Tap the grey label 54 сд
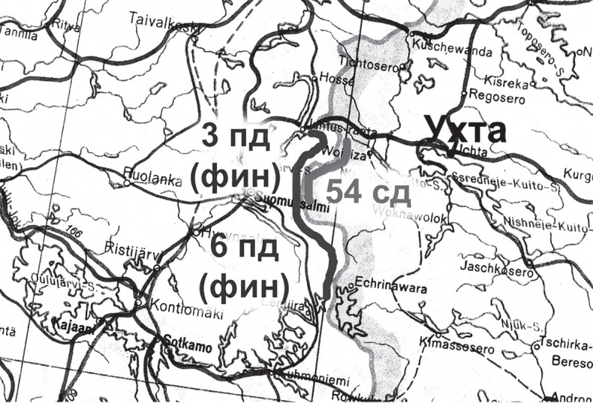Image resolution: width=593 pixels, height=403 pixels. pos(369,192)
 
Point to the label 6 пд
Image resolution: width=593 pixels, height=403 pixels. pos(241,248)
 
